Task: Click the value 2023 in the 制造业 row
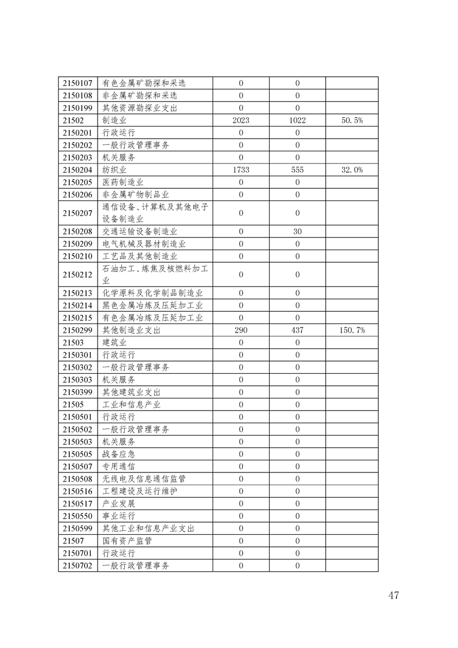(241, 120)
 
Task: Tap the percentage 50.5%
(352, 120)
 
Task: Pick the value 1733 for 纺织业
(241, 170)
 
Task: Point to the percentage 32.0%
(352, 170)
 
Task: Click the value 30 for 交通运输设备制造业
(297, 232)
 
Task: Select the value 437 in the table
(297, 330)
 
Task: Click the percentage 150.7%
(352, 330)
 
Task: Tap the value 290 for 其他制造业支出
(241, 330)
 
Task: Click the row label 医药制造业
(124, 182)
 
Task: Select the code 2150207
(77, 213)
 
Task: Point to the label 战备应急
(119, 454)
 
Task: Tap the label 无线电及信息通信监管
(144, 479)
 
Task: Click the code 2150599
(77, 528)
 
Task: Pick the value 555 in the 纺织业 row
(297, 170)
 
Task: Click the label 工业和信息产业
(131, 404)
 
